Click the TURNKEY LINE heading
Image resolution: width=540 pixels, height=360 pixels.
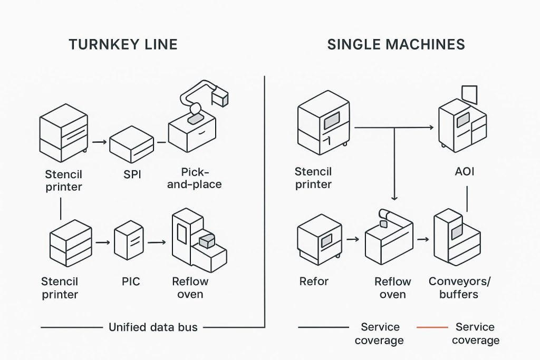pos(123,44)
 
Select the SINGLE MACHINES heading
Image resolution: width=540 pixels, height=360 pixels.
pos(396,44)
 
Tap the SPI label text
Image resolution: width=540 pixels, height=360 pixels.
pos(132,174)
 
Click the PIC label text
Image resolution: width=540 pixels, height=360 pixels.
pos(131,281)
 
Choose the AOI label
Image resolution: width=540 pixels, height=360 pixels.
pos(464,172)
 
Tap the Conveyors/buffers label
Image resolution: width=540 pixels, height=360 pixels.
pos(459,288)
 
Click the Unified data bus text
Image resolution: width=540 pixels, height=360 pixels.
pos(153,327)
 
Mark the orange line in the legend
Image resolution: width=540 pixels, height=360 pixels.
pos(432,327)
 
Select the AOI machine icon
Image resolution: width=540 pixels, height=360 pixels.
pos(462,124)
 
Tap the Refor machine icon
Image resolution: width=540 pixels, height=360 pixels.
pos(319,239)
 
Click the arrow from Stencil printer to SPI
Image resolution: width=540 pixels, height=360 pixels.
pos(99,142)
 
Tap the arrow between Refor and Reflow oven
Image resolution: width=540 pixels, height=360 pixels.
pos(353,239)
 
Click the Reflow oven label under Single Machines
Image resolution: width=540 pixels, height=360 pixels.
pos(392,288)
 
